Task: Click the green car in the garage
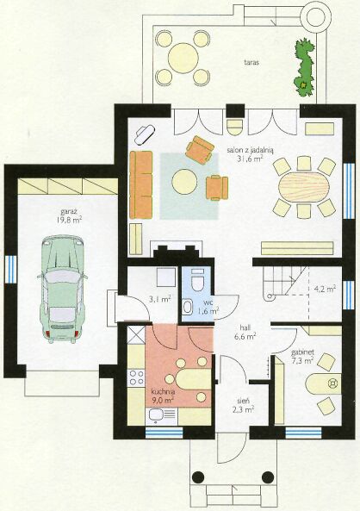62,289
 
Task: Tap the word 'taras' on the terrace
251,62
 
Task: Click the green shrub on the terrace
305,67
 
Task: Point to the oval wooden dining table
304,188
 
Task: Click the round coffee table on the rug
184,182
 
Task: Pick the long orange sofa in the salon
141,184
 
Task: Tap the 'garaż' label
68,210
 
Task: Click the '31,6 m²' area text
251,159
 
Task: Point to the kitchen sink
162,414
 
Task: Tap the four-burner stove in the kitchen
136,377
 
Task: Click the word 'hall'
245,327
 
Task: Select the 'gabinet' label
302,352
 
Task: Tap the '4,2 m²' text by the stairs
325,289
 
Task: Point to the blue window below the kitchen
164,432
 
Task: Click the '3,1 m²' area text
159,299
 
